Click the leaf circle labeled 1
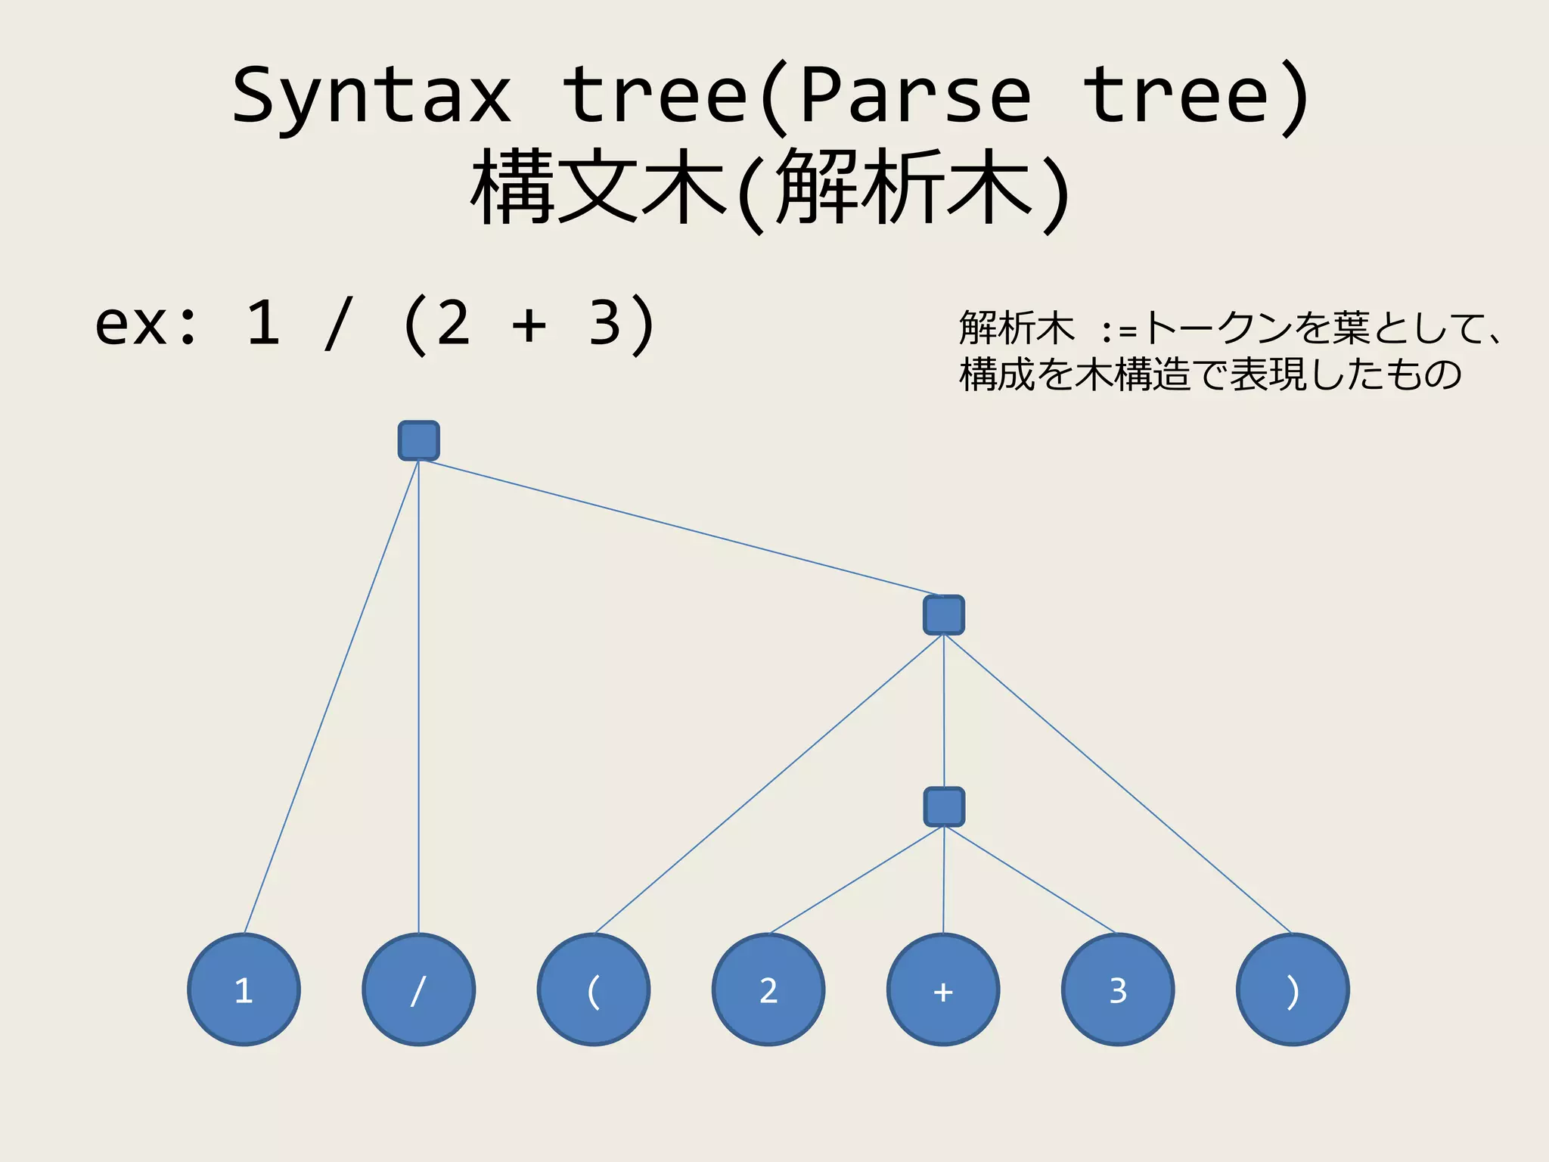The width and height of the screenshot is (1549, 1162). (244, 990)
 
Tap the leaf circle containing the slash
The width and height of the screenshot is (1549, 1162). (418, 990)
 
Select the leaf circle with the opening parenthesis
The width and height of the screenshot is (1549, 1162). (594, 990)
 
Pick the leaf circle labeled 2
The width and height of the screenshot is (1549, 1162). (768, 990)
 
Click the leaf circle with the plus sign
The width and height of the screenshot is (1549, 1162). (943, 990)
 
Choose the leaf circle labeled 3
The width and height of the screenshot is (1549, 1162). (1118, 990)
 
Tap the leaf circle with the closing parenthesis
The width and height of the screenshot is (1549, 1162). (1293, 990)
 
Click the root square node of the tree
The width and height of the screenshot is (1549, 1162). (418, 441)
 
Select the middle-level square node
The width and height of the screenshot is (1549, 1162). (943, 615)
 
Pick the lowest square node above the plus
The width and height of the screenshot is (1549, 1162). (944, 806)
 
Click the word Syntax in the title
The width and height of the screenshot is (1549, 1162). (371, 97)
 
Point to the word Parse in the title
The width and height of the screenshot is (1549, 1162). (915, 97)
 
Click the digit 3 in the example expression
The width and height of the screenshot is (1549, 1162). (604, 324)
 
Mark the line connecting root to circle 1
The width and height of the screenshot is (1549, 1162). (331, 696)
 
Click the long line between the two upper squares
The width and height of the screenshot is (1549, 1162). (681, 527)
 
